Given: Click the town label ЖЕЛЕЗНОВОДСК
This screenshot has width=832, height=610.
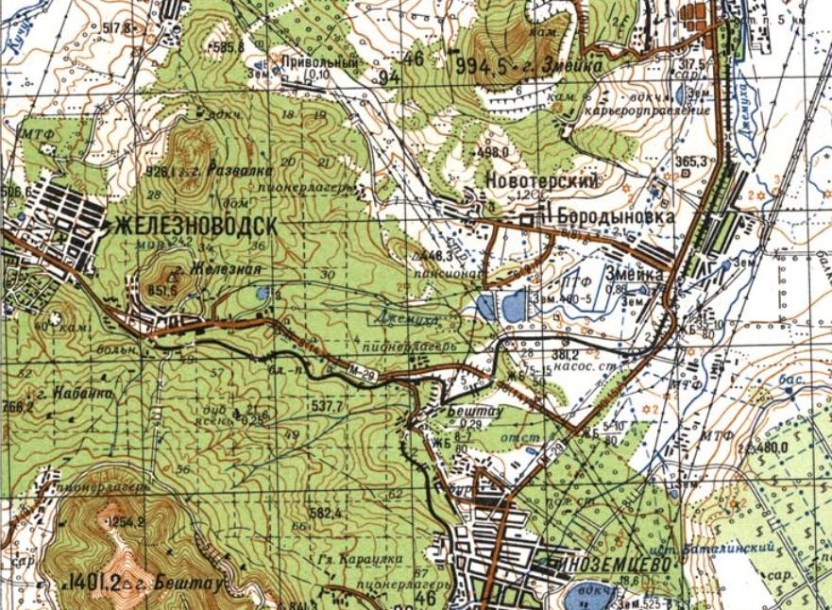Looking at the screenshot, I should point(195,227).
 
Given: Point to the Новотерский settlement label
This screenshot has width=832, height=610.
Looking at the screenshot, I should point(543,179).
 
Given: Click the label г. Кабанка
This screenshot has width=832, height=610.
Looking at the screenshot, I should point(64,390).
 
